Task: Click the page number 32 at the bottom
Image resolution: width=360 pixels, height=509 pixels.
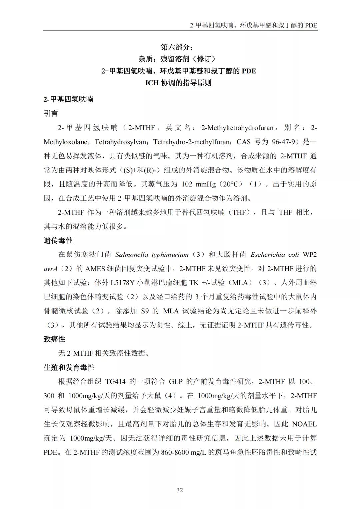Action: tap(180, 490)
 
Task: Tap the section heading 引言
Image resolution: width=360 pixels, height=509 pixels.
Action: tap(51, 113)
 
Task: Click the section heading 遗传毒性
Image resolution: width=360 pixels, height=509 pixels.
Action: tap(58, 240)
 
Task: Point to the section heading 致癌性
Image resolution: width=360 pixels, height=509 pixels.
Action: tap(54, 339)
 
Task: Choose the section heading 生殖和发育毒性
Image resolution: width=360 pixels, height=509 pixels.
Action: tap(69, 367)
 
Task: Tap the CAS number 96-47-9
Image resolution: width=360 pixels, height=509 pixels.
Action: tap(283, 142)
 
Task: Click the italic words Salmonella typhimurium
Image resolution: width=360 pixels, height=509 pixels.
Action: tap(152, 255)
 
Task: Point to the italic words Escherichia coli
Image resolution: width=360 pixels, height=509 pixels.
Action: tap(275, 255)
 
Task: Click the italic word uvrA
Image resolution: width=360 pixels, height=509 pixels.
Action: tap(51, 269)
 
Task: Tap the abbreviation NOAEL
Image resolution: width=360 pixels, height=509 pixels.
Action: tap(304, 424)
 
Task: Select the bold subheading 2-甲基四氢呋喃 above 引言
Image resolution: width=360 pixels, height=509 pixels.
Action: tap(68, 99)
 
